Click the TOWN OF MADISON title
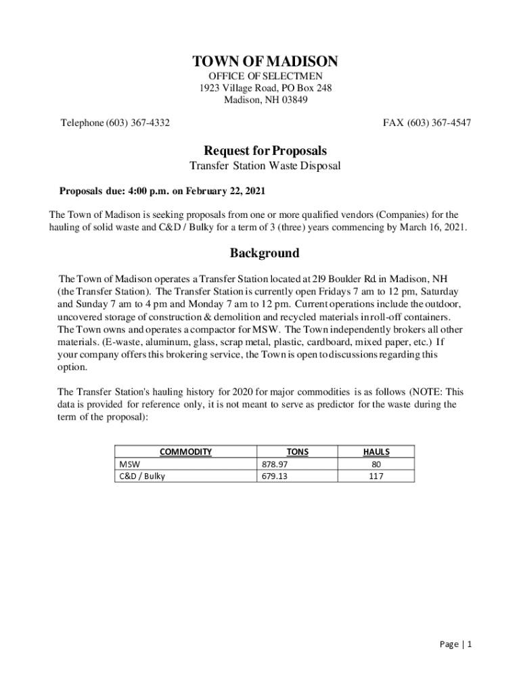(265, 62)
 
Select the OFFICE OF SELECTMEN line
(265, 76)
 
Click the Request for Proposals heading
(265, 150)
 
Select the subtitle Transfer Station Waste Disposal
(265, 166)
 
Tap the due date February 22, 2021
(222, 191)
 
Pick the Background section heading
(265, 253)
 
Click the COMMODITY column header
(185, 451)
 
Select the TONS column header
(298, 451)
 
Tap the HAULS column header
(376, 451)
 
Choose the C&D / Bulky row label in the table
(142, 476)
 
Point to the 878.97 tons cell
(275, 464)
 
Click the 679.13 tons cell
(275, 476)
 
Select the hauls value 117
(376, 476)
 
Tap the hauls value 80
(376, 464)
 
